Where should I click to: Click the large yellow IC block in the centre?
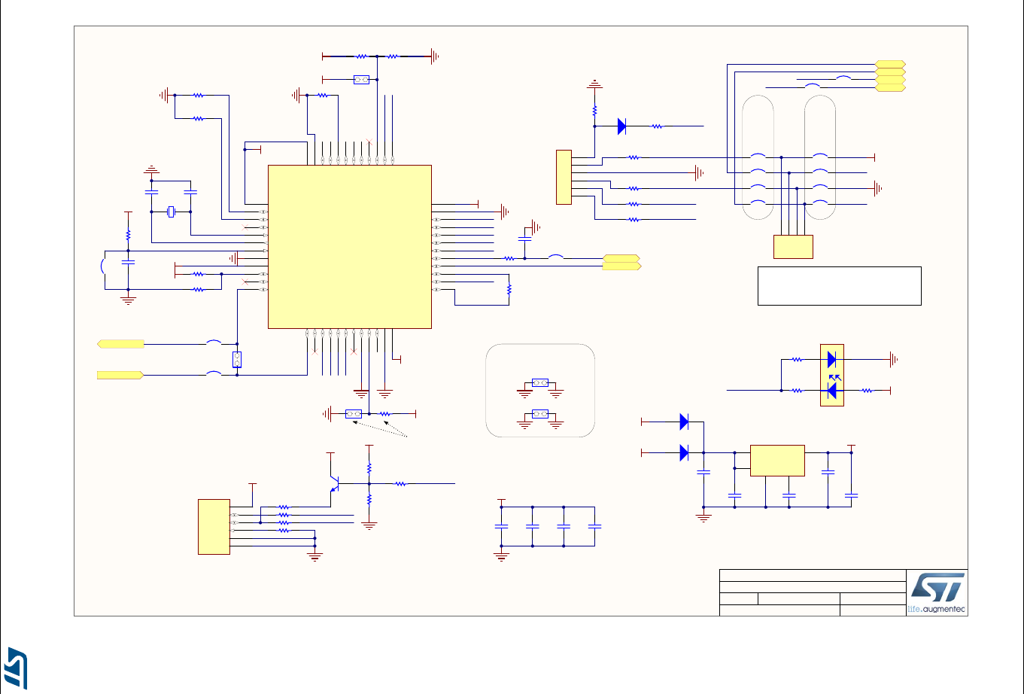coord(350,246)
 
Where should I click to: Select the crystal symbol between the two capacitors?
coord(171,212)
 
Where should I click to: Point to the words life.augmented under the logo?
coord(936,608)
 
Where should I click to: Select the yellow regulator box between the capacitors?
coord(778,461)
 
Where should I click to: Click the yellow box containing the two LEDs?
coord(832,375)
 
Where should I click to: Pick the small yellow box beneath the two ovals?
coord(793,247)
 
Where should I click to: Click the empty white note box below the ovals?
coord(839,285)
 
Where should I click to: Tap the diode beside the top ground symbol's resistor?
coord(621,126)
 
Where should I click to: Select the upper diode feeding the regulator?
coord(684,422)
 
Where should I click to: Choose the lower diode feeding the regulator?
coord(684,452)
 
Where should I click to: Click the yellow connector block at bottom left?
coord(214,527)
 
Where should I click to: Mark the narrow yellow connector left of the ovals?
coord(564,177)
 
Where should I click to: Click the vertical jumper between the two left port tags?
coord(237,360)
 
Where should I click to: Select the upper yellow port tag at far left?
coord(120,344)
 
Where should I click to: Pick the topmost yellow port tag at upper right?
coord(891,64)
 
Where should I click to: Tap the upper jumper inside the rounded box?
coord(539,382)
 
